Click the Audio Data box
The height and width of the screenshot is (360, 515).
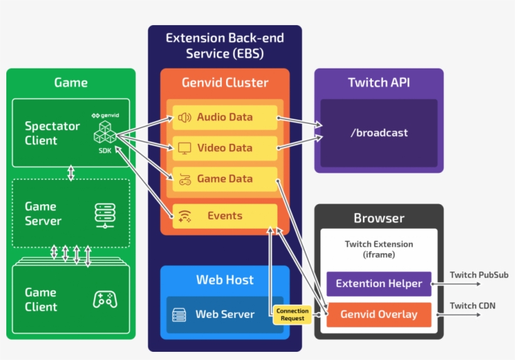[x=225, y=117]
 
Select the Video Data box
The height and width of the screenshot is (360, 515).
[x=225, y=148]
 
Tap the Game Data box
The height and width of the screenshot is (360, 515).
[x=225, y=179]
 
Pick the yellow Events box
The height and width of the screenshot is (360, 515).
[x=225, y=216]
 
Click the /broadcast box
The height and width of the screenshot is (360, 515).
[x=379, y=133]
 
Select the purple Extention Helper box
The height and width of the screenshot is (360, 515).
[x=379, y=284]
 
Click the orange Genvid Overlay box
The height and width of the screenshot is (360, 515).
[x=379, y=314]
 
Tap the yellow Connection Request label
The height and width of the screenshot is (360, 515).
[x=293, y=315]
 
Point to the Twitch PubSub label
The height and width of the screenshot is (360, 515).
[x=479, y=275]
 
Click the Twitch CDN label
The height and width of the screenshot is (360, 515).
[x=472, y=306]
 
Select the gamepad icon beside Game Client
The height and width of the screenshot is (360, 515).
[x=104, y=299]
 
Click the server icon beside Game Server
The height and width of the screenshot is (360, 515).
[x=104, y=214]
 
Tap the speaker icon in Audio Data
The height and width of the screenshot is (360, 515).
[x=184, y=117]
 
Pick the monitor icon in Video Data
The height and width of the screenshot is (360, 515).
[x=184, y=148]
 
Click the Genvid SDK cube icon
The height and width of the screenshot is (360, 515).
[x=104, y=133]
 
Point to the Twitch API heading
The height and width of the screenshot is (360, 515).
[x=379, y=83]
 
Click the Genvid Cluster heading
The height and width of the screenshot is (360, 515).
[x=225, y=83]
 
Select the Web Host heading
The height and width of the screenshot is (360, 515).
[x=225, y=280]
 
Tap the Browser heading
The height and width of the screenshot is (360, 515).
[x=379, y=219]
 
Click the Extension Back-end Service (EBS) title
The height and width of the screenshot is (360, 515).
[x=225, y=46]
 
